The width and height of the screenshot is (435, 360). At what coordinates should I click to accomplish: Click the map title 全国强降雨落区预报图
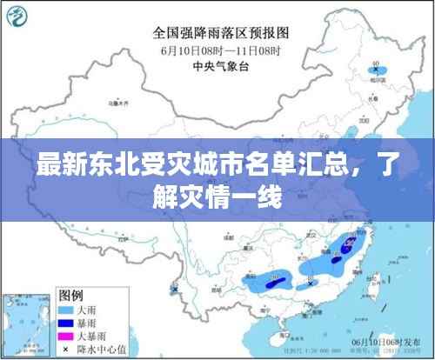[222, 34]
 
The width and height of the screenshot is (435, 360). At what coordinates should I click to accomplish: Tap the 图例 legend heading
[70, 294]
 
